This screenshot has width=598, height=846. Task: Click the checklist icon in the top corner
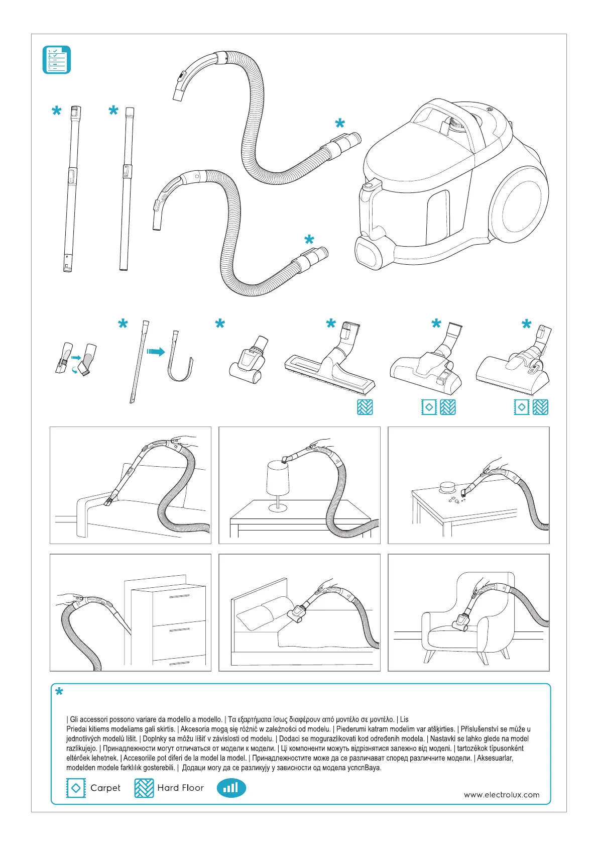[56, 60]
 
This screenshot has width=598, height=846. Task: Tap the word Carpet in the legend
[105, 788]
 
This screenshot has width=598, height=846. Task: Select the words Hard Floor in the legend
[180, 788]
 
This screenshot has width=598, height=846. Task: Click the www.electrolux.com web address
[502, 795]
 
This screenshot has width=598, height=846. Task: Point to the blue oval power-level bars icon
[231, 788]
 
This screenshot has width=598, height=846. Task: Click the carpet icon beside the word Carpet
[76, 788]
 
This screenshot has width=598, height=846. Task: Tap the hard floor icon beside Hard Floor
[144, 788]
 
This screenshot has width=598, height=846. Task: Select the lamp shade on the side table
[278, 478]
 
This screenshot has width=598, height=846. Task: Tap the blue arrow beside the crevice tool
[156, 352]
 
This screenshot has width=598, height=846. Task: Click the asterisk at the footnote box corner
[59, 693]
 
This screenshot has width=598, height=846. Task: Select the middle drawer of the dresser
[179, 630]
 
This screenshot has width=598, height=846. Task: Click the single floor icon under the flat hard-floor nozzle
[365, 407]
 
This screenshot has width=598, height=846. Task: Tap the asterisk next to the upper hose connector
[340, 124]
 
